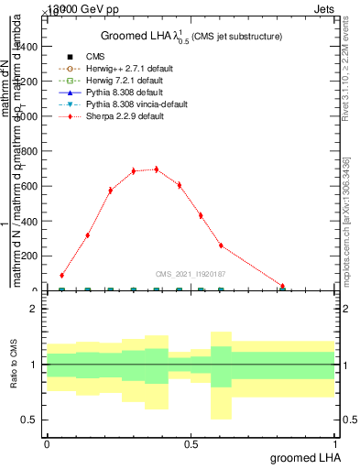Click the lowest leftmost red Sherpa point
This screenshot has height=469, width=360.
61,275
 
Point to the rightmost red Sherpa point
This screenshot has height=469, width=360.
283,287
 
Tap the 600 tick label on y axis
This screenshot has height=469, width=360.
28,186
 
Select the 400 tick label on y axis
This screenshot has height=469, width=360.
28,238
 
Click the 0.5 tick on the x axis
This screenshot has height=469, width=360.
191,443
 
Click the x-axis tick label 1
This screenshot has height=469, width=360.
334,443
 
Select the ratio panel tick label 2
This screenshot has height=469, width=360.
33,309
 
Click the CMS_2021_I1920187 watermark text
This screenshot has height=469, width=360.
191,273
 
